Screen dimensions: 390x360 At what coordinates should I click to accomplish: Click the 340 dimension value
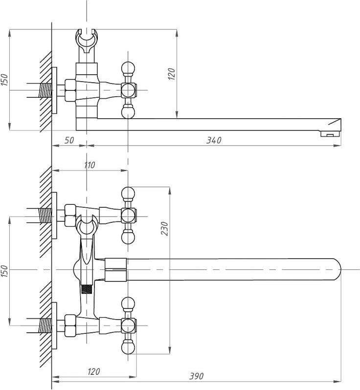tap(214, 140)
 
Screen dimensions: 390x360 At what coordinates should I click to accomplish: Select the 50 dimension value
tap(69, 140)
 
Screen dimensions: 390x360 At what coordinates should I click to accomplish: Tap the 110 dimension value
tap(89, 165)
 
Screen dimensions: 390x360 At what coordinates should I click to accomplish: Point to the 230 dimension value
tap(164, 228)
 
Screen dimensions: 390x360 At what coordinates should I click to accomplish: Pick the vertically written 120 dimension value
tap(172, 74)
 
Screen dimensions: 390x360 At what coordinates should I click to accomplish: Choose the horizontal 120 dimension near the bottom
tap(93, 372)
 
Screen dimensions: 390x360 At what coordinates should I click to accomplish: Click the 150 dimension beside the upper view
tap(4, 80)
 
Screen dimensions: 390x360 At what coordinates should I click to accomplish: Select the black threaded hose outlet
tap(87, 289)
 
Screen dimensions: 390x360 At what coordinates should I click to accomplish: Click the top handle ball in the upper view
tap(128, 66)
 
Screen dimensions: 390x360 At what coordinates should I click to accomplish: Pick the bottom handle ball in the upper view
tap(128, 112)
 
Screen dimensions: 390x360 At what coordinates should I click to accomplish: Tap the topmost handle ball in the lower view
tap(128, 192)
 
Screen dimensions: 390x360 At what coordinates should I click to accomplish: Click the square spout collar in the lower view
tap(116, 269)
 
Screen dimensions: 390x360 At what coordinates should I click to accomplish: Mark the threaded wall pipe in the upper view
tap(45, 90)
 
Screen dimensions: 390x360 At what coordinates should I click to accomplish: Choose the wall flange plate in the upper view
tap(55, 90)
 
